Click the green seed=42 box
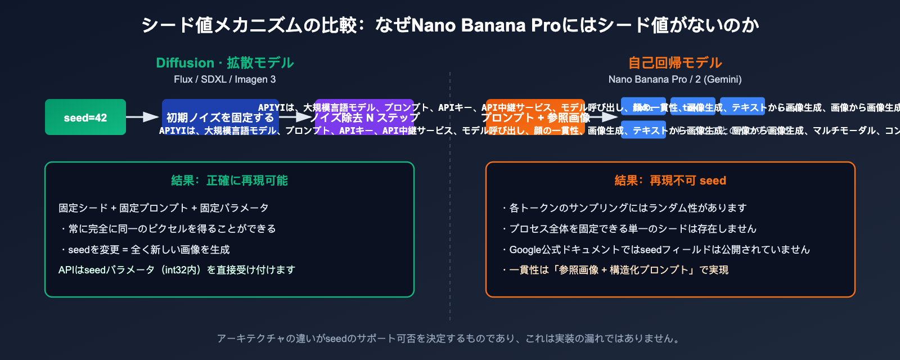(x=85, y=117)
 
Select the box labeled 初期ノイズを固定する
(x=220, y=117)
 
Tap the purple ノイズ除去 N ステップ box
(x=364, y=117)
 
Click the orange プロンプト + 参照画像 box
(x=535, y=117)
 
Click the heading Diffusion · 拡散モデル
(x=225, y=62)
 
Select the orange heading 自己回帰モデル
(x=675, y=62)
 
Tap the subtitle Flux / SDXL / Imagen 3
(x=225, y=79)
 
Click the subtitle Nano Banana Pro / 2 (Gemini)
(x=675, y=79)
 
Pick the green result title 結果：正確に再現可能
(x=229, y=181)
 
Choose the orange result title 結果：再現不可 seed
(x=670, y=181)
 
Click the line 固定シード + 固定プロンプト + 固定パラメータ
(x=164, y=208)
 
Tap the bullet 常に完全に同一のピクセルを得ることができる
(x=169, y=229)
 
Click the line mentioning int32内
(x=177, y=270)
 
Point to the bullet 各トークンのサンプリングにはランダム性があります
(x=624, y=208)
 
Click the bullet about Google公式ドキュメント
(x=656, y=250)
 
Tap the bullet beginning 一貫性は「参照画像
(x=615, y=270)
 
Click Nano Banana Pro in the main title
(x=487, y=25)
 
